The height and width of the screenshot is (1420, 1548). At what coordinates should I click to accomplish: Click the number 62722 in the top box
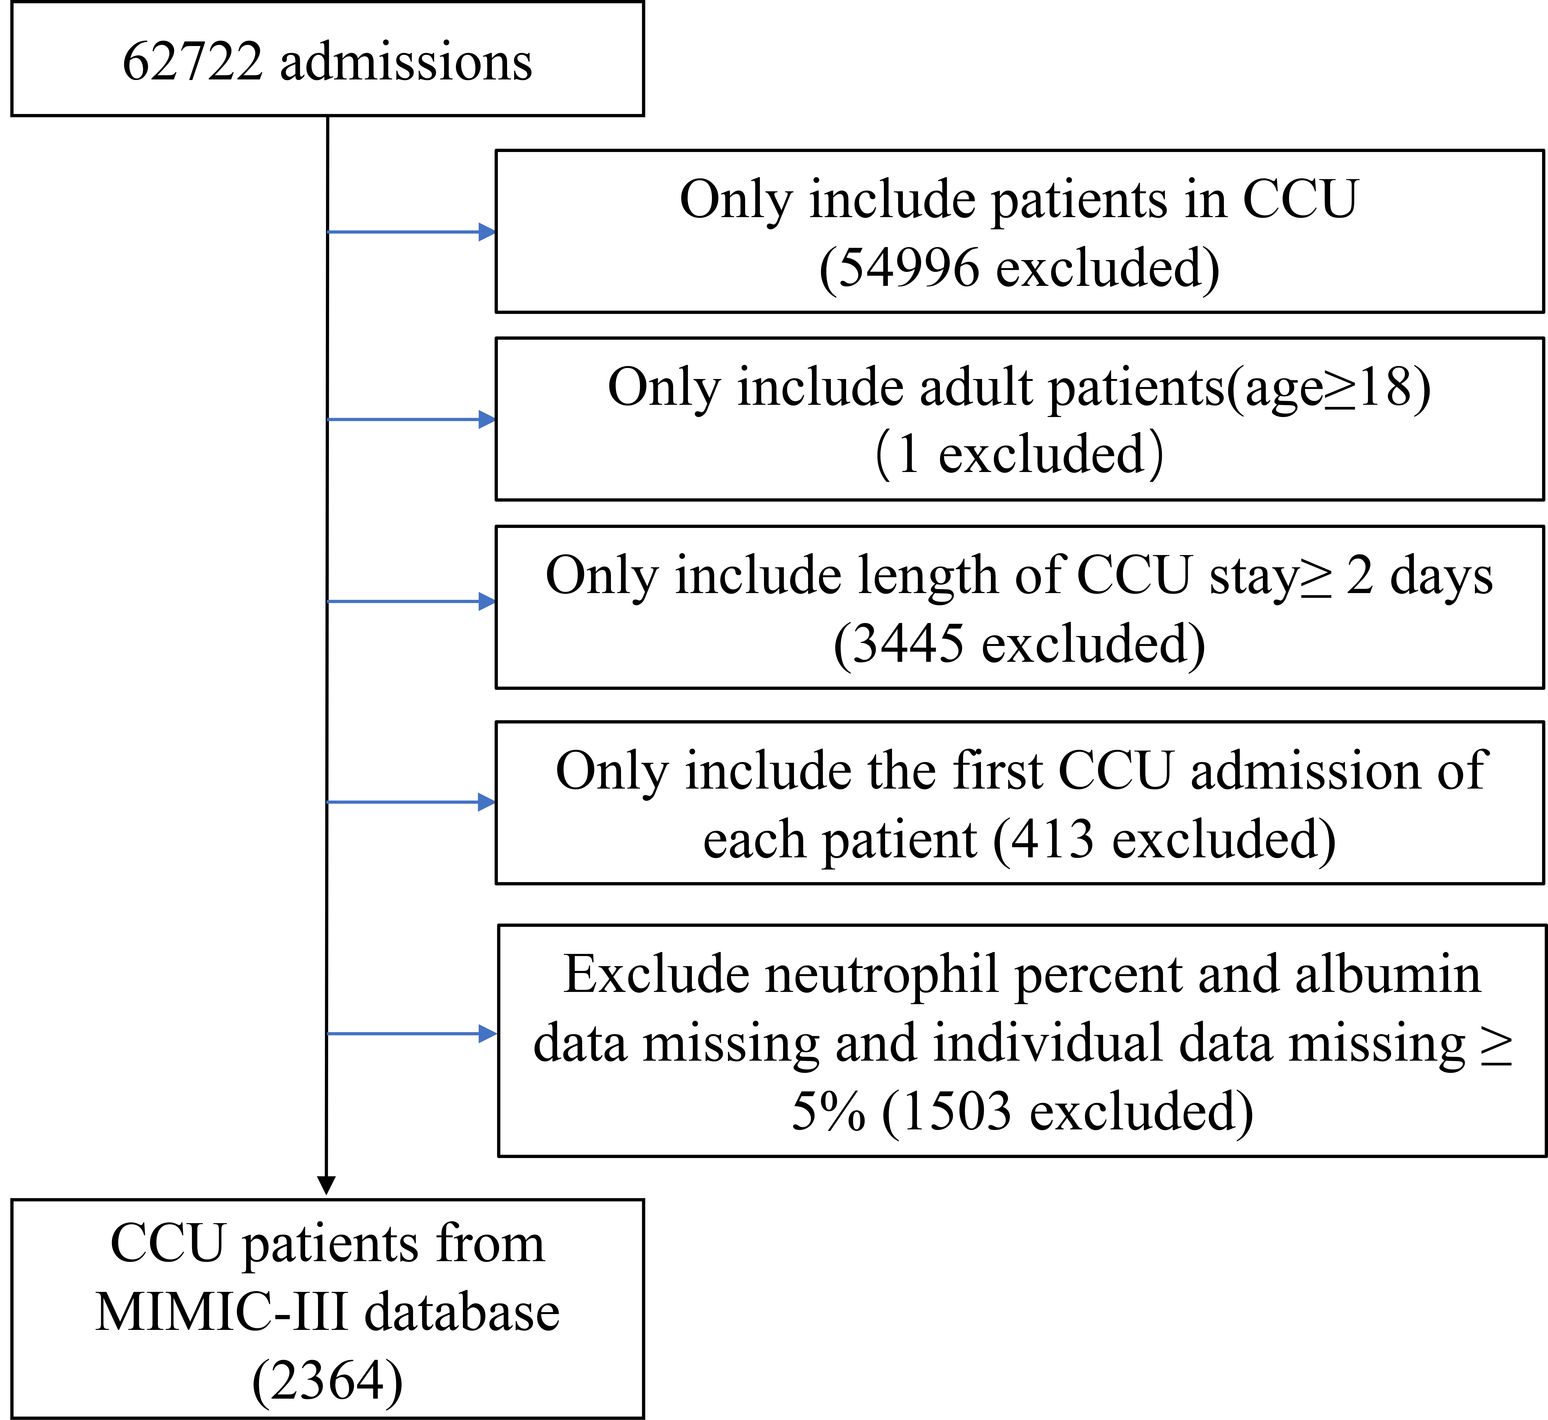click(x=192, y=61)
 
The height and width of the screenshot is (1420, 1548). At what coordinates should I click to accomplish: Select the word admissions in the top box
click(x=406, y=61)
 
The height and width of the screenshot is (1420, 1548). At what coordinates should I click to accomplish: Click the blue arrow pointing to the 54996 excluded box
click(x=411, y=231)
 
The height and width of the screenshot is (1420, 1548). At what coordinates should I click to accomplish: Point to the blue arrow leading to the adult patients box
click(x=411, y=419)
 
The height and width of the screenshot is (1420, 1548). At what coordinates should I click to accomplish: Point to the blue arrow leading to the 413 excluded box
click(x=411, y=802)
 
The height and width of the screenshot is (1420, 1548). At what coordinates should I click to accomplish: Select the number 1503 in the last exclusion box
click(x=956, y=1112)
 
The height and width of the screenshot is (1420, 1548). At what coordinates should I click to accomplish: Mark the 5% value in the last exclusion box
click(x=828, y=1112)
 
